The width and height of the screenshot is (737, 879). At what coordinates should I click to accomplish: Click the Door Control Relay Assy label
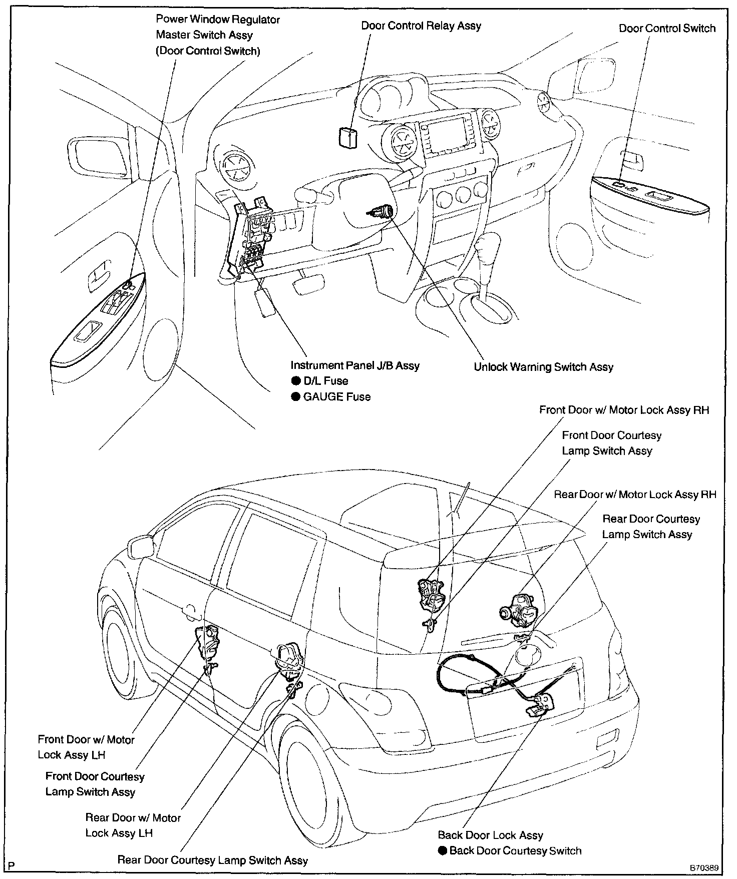point(421,26)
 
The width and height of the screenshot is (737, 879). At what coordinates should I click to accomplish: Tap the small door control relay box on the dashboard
point(347,137)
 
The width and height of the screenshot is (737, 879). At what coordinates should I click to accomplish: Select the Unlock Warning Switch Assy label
point(543,367)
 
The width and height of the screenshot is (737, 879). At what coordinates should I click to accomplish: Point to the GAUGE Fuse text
point(337,397)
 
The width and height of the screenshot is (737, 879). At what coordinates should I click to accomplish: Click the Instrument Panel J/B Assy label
point(355,365)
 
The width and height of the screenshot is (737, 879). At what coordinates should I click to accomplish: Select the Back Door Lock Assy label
point(490,835)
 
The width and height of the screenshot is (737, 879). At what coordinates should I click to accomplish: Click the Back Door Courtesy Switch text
point(515,850)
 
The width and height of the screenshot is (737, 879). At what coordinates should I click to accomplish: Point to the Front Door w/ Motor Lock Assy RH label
point(624,410)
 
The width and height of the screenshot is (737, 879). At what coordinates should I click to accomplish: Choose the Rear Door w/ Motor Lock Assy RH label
point(635,495)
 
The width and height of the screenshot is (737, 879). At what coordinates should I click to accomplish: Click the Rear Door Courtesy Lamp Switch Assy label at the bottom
point(212,860)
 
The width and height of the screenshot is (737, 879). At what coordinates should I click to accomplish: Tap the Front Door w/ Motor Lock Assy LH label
point(86,747)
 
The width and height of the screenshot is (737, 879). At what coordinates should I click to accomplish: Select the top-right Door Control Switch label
point(667,29)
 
